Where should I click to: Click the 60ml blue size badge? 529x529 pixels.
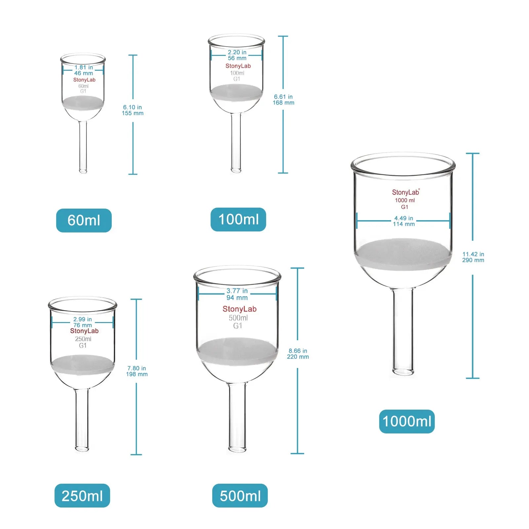(84, 220)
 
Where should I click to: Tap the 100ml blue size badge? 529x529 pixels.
(238, 219)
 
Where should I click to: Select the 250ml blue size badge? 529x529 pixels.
(82, 496)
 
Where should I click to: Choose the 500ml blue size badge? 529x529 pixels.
(240, 496)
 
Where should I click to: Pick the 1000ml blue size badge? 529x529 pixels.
(407, 421)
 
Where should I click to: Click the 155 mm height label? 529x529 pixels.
(133, 113)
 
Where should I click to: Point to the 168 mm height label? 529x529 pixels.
(283, 102)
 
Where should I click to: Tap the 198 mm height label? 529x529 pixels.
(137, 374)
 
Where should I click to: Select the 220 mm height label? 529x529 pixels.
(298, 357)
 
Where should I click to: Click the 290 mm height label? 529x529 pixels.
(473, 260)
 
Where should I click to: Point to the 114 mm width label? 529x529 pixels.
(403, 224)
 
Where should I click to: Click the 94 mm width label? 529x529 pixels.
(237, 298)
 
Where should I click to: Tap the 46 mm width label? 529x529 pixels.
(83, 73)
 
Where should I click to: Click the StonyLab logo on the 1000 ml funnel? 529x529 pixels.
(405, 192)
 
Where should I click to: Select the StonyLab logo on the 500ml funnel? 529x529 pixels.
(239, 309)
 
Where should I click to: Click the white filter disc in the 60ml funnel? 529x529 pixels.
(83, 102)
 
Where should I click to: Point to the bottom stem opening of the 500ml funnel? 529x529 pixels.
(237, 450)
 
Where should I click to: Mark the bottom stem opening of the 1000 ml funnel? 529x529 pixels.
(403, 372)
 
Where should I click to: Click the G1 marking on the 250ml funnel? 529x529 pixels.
(83, 346)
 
